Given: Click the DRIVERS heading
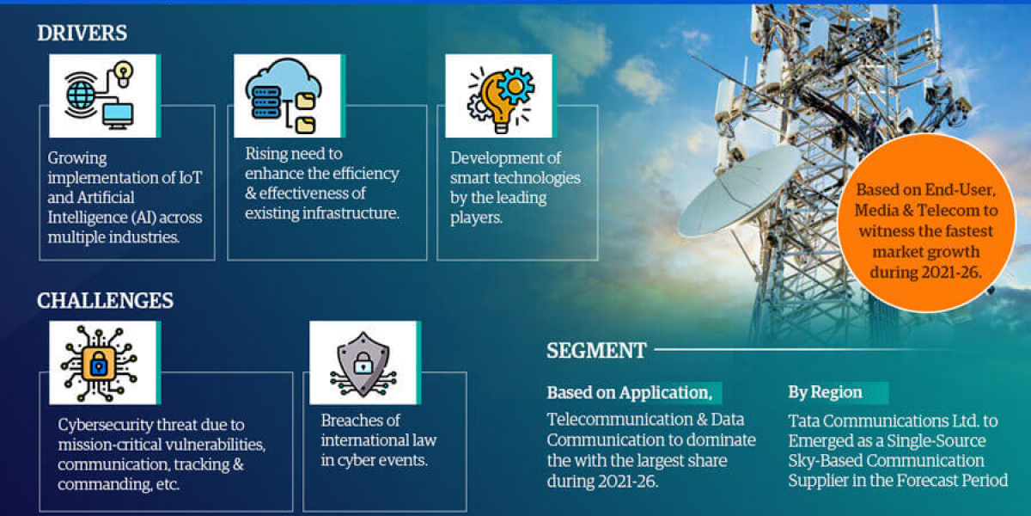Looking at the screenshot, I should point(82,34).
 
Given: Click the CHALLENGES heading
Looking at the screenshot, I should point(105,300).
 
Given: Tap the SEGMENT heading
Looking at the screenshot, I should point(596,351).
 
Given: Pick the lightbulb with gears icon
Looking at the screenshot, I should point(499,95).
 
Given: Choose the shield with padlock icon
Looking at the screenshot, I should point(363,362).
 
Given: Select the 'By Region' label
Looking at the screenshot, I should point(825,392).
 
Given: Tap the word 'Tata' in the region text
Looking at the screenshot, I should point(805,421).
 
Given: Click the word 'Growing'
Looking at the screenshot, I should point(77,158).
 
